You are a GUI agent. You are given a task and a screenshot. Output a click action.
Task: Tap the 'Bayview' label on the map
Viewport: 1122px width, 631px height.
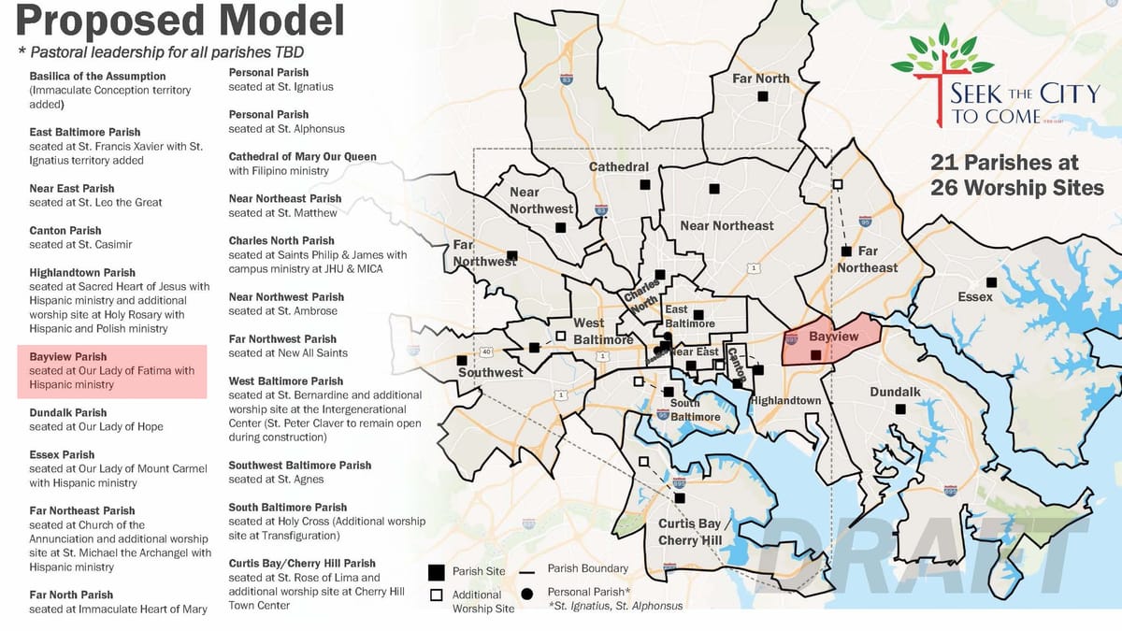pyautogui.click(x=833, y=337)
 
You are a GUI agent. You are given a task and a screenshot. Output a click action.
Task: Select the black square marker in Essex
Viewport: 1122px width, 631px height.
pyautogui.click(x=991, y=282)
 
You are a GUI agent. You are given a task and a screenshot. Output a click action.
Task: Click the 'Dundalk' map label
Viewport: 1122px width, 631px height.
pyautogui.click(x=895, y=393)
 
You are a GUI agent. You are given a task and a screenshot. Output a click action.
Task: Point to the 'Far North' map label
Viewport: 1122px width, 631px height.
pyautogui.click(x=761, y=79)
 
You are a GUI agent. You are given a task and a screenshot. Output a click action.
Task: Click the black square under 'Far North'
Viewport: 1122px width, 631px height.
pyautogui.click(x=763, y=96)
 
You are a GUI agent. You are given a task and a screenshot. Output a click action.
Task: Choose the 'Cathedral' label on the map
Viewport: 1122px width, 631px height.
pyautogui.click(x=618, y=167)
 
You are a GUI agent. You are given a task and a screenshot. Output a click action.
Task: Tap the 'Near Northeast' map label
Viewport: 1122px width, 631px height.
pyautogui.click(x=726, y=225)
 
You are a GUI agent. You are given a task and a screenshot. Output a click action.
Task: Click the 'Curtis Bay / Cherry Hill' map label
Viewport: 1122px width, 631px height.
pyautogui.click(x=691, y=532)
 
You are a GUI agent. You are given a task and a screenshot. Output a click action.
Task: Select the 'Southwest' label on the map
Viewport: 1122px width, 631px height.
pyautogui.click(x=490, y=373)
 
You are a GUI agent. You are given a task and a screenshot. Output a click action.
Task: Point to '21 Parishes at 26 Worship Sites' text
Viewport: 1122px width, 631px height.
pyautogui.click(x=1016, y=175)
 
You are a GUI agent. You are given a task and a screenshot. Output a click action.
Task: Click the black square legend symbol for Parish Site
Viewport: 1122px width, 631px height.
pyautogui.click(x=436, y=572)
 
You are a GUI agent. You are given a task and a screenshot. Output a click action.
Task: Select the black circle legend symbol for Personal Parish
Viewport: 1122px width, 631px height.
pyautogui.click(x=528, y=593)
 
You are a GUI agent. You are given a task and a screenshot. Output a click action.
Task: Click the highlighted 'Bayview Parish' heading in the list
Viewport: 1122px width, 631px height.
pyautogui.click(x=67, y=357)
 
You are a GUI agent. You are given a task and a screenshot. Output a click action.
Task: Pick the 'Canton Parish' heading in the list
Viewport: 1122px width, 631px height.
pyautogui.click(x=65, y=230)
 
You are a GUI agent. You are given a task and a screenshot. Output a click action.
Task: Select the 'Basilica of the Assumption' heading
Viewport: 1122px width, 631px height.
pyautogui.click(x=97, y=77)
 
